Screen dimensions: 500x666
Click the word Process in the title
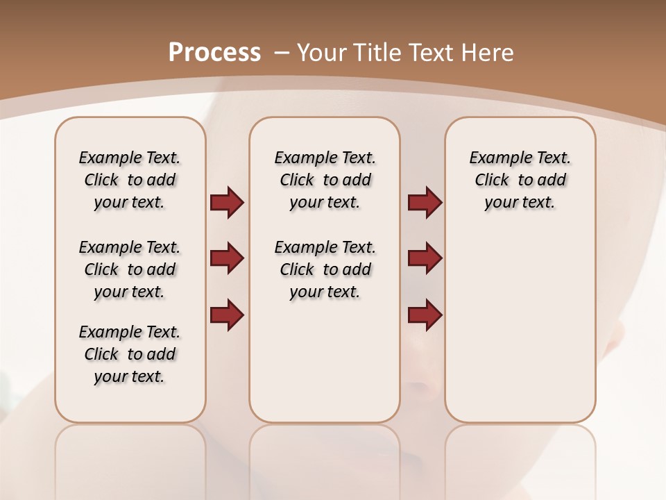pyautogui.click(x=214, y=53)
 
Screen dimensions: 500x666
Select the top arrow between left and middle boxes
pyautogui.click(x=227, y=202)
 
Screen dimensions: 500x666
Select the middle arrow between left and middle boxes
pyautogui.click(x=227, y=258)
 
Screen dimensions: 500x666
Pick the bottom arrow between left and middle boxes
pyautogui.click(x=227, y=315)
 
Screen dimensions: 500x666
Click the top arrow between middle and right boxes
pyautogui.click(x=425, y=202)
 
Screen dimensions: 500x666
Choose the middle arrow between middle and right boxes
pyautogui.click(x=425, y=258)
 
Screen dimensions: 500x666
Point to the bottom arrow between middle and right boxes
pyautogui.click(x=425, y=315)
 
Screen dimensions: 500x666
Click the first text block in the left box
pyautogui.click(x=129, y=180)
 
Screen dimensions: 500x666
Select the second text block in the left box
pyautogui.click(x=129, y=269)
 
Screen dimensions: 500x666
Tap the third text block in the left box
pyautogui.click(x=129, y=354)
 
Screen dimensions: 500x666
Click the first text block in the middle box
pyautogui.click(x=325, y=180)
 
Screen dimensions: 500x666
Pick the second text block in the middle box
pyautogui.click(x=325, y=269)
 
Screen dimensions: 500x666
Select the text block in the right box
pyautogui.click(x=520, y=180)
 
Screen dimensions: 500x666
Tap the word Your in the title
pyautogui.click(x=322, y=53)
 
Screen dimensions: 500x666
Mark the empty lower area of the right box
pyautogui.click(x=520, y=326)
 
